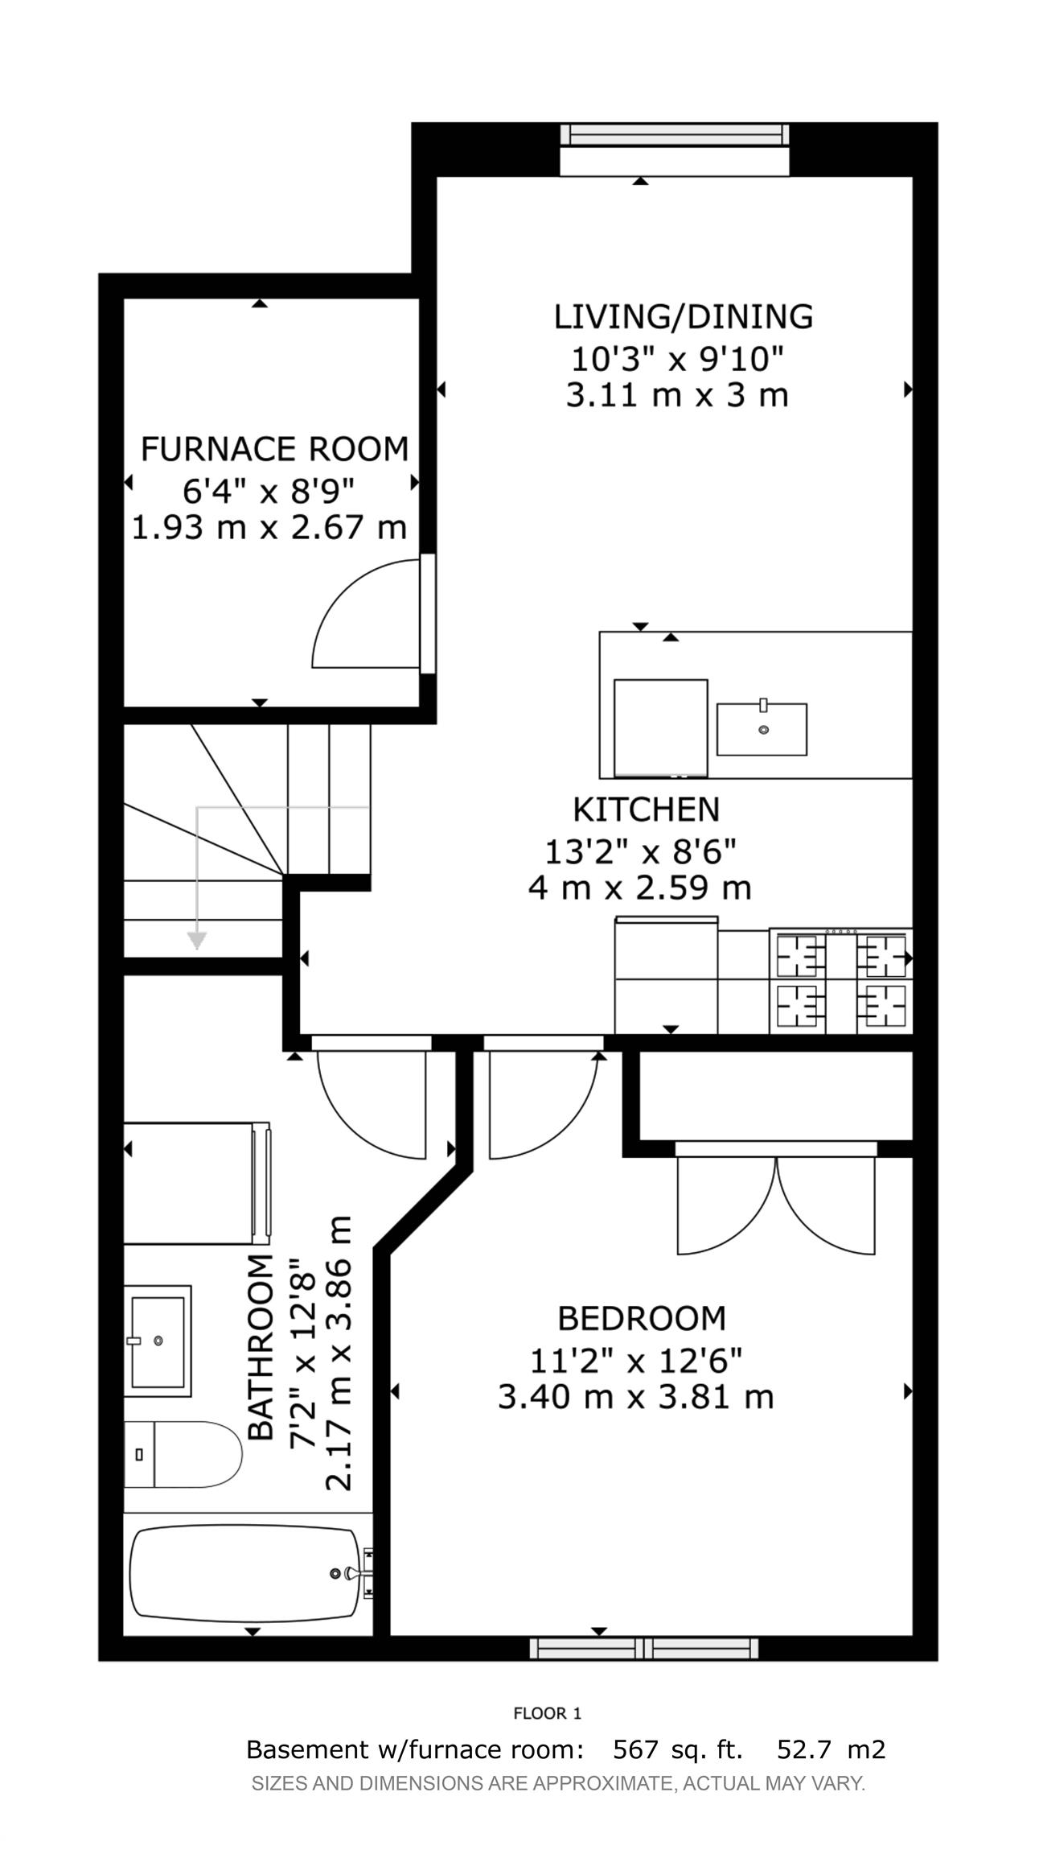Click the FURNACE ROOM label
tap(274, 448)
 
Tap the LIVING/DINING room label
tap(683, 316)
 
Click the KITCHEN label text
tap(645, 809)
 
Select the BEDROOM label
tap(641, 1318)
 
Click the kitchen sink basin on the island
tap(761, 728)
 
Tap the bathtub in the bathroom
tap(245, 1572)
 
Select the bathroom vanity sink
tap(158, 1341)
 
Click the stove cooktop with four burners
tap(840, 981)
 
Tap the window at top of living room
tap(674, 134)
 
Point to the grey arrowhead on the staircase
tap(196, 940)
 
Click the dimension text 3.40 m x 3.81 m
tap(634, 1397)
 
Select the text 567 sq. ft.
tap(677, 1749)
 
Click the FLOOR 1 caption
tap(547, 1713)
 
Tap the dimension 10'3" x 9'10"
tap(676, 357)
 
